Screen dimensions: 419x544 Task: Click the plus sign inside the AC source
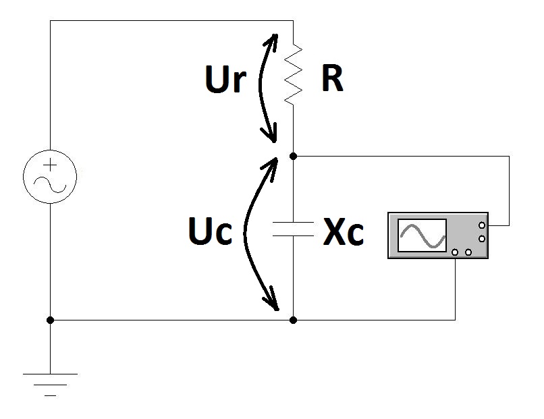[51, 165]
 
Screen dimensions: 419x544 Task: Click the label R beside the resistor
[332, 80]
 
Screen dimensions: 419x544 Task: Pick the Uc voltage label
[210, 232]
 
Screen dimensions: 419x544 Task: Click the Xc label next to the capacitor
[344, 233]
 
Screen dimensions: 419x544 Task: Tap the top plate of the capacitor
[293, 223]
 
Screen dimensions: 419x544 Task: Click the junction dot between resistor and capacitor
[293, 156]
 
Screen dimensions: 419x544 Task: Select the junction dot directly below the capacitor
[293, 320]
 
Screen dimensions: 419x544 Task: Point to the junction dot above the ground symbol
[50, 320]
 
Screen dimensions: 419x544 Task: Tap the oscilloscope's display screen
[423, 235]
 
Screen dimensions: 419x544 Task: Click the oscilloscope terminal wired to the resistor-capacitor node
[482, 225]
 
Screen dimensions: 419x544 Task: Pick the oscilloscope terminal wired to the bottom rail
[456, 253]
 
